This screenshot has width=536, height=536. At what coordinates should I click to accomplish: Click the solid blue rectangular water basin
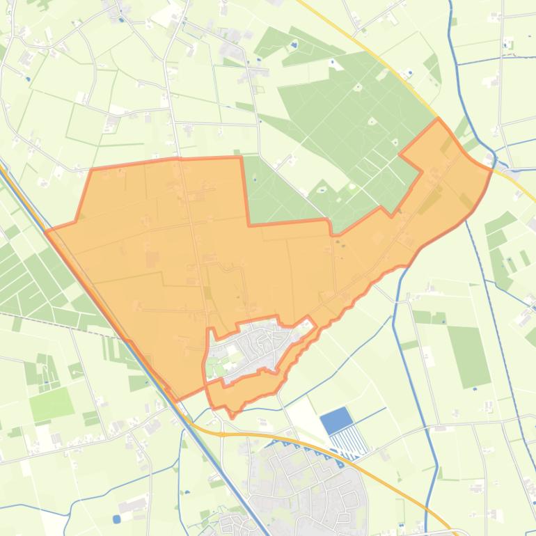(x=336, y=420)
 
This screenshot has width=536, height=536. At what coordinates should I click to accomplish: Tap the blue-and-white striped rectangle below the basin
(x=349, y=441)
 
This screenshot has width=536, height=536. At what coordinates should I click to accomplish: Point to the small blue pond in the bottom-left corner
(x=116, y=519)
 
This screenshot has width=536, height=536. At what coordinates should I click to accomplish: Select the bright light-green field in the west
(x=50, y=404)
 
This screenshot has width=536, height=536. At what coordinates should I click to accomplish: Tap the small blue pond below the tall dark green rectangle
(x=475, y=388)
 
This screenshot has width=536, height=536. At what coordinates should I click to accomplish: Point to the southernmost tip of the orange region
(x=233, y=416)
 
